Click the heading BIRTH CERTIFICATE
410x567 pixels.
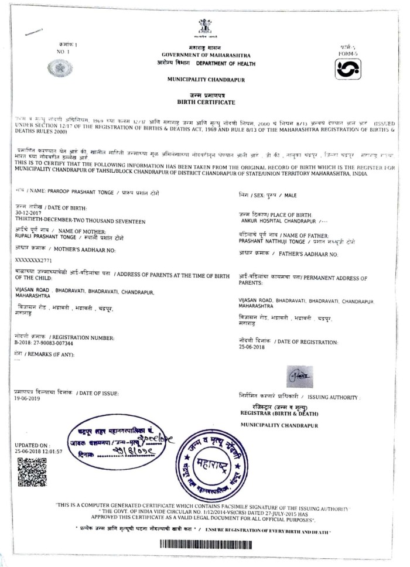(204, 102)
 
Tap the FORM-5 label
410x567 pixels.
(346, 52)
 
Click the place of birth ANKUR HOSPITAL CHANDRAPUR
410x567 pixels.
(277, 221)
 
